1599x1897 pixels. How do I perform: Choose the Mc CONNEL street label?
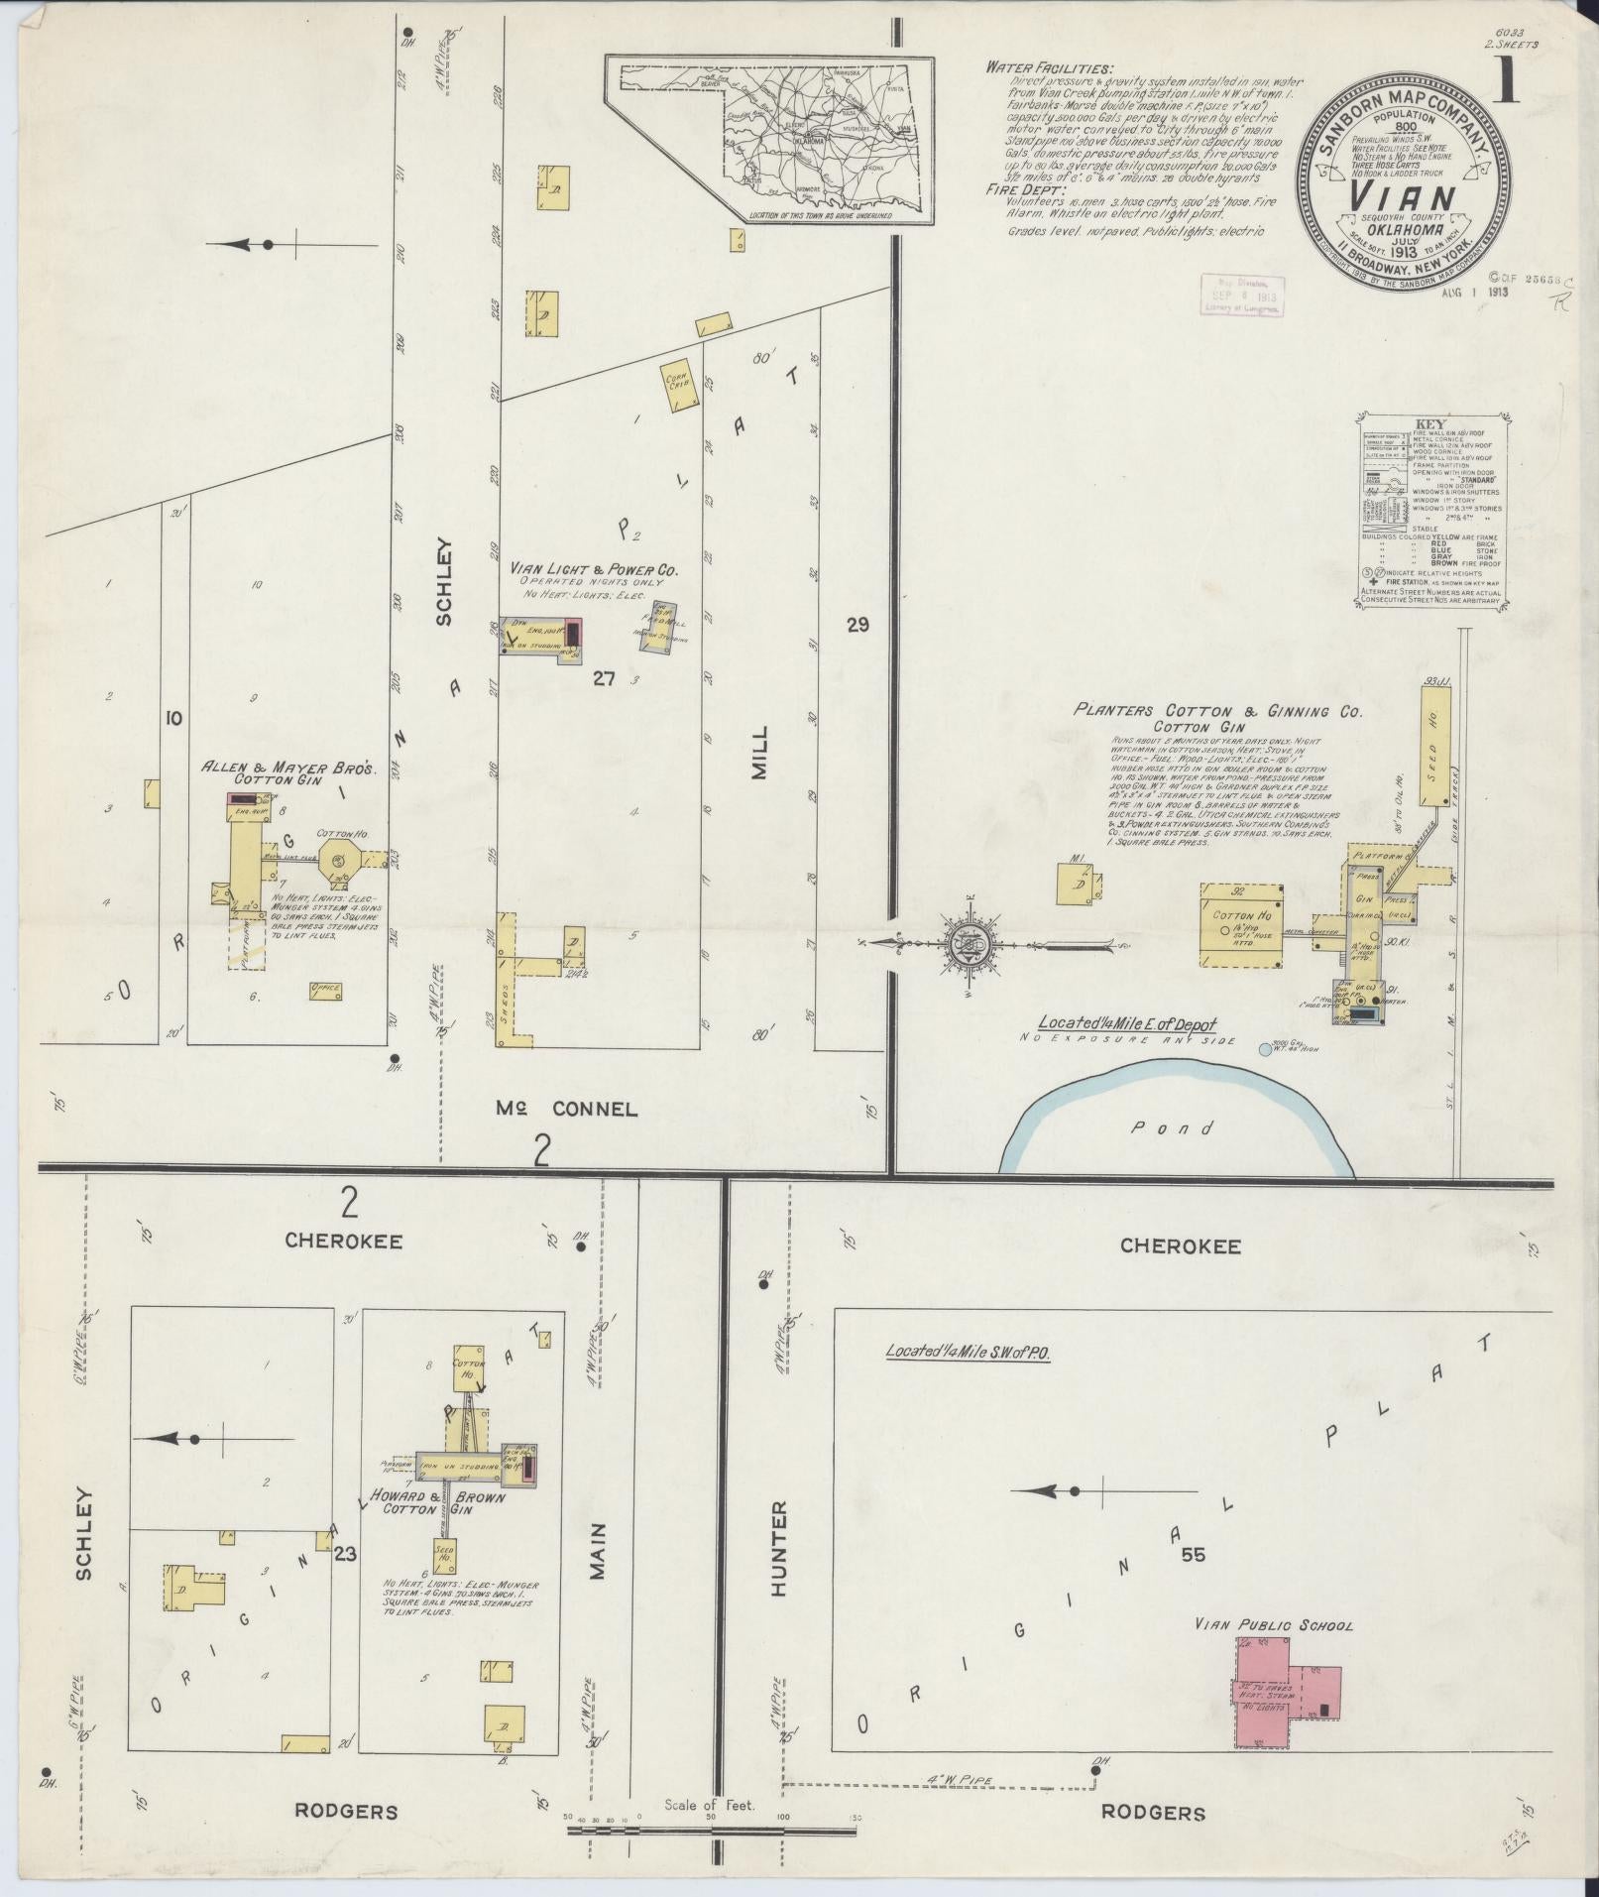[567, 1110]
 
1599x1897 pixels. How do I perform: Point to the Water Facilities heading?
[1049, 67]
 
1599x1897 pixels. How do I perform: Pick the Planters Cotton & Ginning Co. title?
[1217, 711]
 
